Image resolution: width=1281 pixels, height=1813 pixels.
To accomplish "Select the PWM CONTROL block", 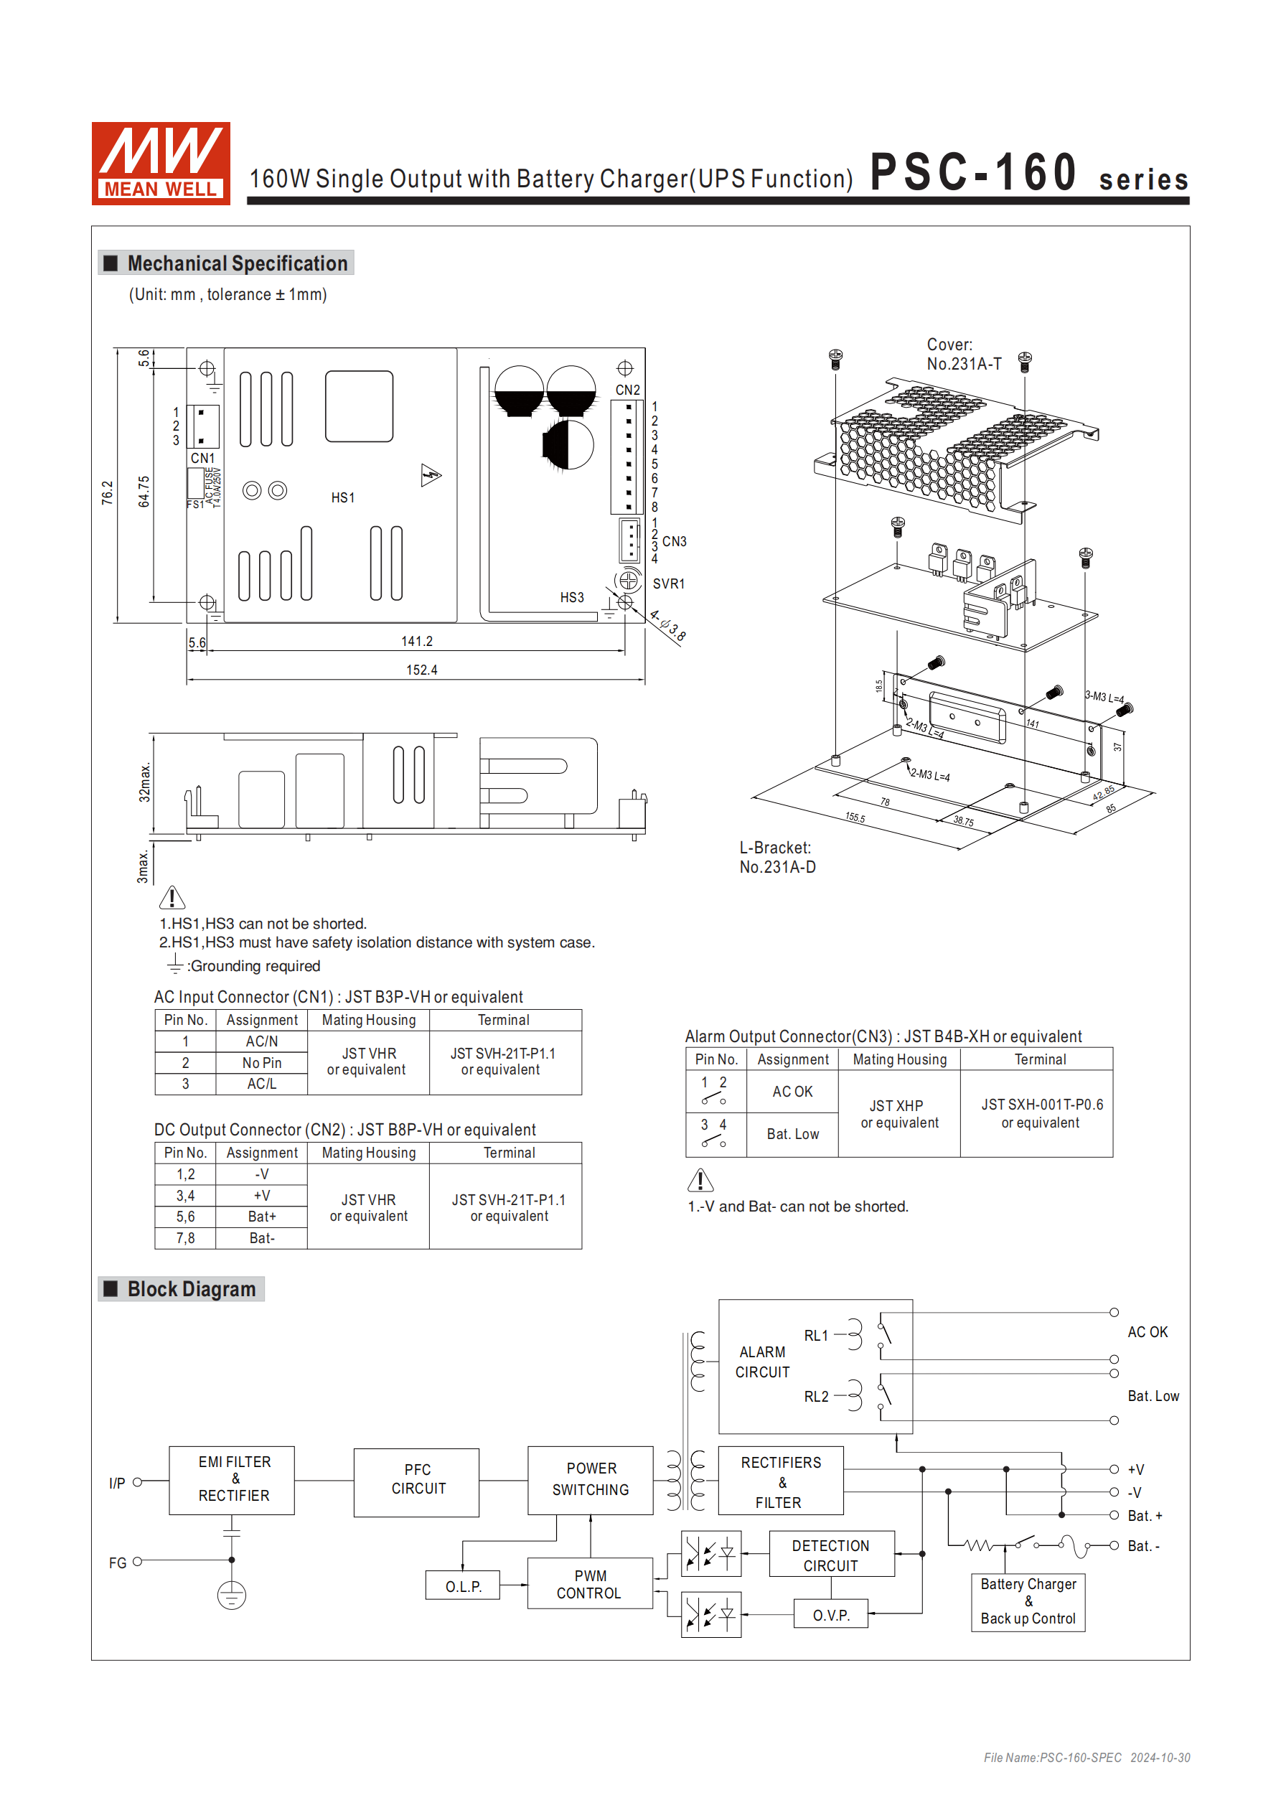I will tap(589, 1583).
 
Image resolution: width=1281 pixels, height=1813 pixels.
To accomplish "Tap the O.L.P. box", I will tap(463, 1585).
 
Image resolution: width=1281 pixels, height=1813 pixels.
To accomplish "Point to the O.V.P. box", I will tap(831, 1615).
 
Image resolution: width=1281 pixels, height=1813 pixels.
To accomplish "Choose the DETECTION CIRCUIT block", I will tap(831, 1555).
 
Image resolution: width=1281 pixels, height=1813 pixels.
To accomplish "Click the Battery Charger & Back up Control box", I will tap(1028, 1601).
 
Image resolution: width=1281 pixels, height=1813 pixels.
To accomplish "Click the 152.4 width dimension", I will tap(421, 670).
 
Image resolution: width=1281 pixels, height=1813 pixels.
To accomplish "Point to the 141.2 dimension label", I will tap(416, 641).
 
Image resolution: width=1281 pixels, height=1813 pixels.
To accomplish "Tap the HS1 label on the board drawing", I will tap(343, 497).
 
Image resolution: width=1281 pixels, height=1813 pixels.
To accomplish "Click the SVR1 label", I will tap(668, 584).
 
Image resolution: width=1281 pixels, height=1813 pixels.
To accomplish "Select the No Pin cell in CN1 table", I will tap(261, 1063).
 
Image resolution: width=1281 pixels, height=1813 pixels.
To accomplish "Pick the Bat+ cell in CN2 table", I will tap(261, 1217).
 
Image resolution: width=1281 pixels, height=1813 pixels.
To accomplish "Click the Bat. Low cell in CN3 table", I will tap(792, 1134).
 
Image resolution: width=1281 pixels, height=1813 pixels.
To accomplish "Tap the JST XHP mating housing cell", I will tap(898, 1113).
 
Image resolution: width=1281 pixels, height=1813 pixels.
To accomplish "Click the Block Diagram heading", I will tap(191, 1288).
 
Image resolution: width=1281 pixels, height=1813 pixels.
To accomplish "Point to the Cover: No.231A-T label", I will tap(963, 354).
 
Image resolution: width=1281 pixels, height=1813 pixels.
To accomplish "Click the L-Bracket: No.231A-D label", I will tap(777, 857).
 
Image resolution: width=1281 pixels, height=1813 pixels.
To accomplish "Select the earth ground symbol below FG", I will tap(231, 1595).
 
